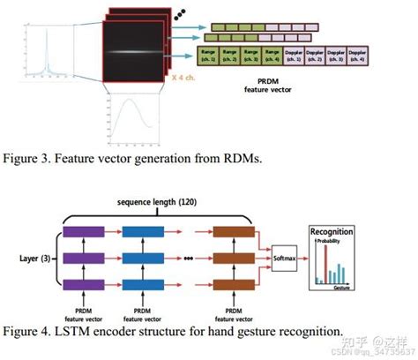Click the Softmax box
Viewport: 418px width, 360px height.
pyautogui.click(x=286, y=259)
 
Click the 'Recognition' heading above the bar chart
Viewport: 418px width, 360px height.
pyautogui.click(x=332, y=231)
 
